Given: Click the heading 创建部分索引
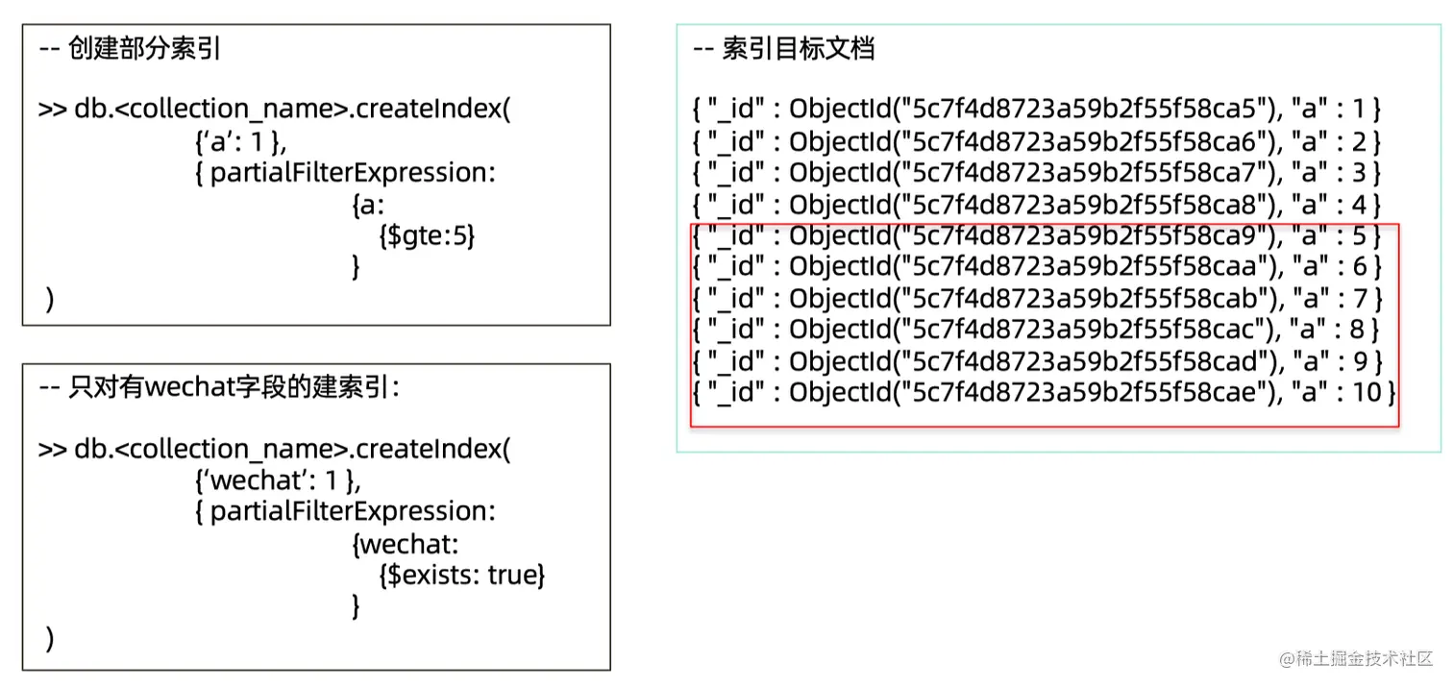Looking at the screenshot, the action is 144,50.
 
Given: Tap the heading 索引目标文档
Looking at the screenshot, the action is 798,50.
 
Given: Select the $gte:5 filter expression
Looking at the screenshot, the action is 428,235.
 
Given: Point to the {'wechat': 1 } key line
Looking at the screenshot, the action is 278,479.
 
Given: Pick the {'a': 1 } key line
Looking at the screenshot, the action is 240,141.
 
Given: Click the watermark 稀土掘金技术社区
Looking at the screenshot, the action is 1362,659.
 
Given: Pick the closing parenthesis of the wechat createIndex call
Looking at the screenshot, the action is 50,638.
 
